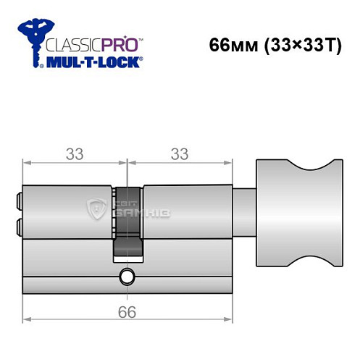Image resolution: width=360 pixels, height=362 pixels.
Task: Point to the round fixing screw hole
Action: [x=127, y=276]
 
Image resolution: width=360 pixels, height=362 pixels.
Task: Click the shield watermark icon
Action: [x=96, y=209]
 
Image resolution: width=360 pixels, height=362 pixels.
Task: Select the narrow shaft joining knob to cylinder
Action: [x=246, y=211]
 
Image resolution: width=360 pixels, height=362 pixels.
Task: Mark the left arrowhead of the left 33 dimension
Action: [x=26, y=164]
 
